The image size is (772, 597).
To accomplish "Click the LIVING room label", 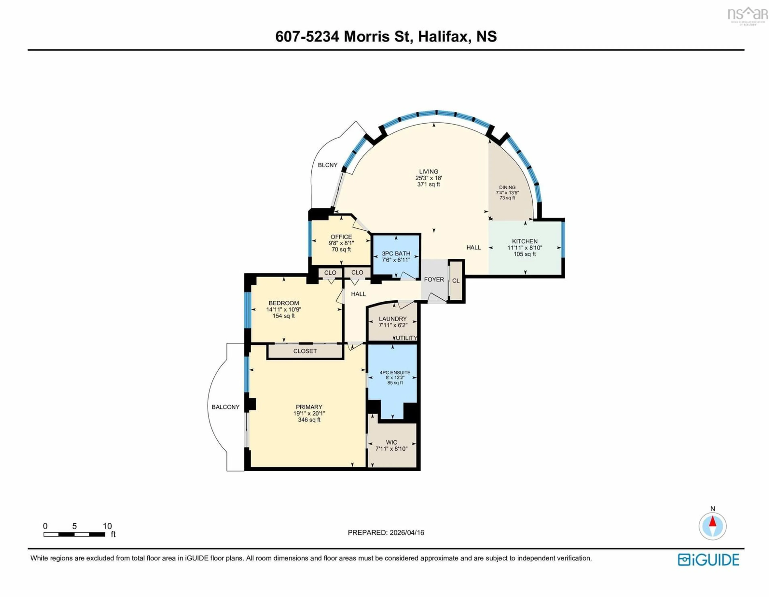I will [428, 172].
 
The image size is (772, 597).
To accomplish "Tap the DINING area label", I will [507, 187].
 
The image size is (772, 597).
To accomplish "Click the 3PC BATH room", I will [396, 256].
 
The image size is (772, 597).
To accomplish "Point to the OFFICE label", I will [341, 237].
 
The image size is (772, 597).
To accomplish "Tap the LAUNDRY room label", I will [393, 319].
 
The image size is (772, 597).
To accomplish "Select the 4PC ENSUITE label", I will [395, 373].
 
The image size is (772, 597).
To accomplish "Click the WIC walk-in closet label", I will [391, 442].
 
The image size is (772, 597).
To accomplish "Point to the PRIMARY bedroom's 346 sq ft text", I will [309, 420].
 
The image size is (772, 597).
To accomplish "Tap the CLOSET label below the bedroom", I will [305, 351].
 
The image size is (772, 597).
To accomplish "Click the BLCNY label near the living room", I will [327, 165].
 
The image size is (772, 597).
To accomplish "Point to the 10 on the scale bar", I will [107, 526].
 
